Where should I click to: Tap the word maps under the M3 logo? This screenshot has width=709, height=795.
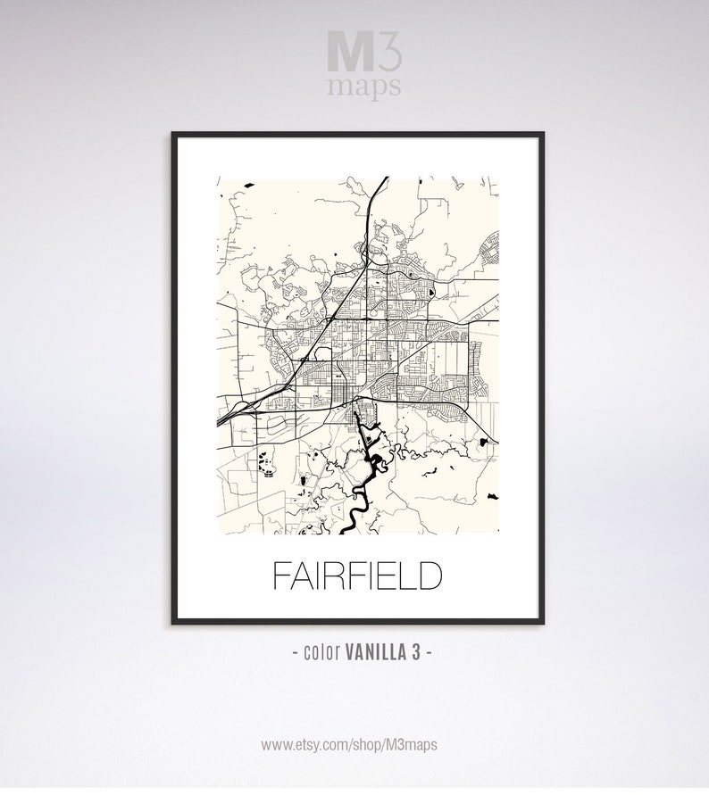(365, 87)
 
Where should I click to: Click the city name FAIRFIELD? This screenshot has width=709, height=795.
(355, 576)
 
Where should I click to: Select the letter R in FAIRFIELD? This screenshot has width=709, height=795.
(335, 576)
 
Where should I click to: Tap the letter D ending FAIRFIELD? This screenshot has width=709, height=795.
(429, 576)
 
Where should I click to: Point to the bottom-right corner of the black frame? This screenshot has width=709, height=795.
(540, 629)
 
